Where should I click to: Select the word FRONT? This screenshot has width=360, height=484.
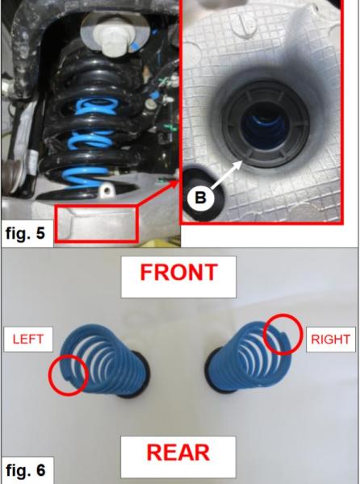point(178,272)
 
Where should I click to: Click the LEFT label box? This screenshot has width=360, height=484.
point(27,340)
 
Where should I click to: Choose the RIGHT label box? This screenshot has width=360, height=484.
point(330,340)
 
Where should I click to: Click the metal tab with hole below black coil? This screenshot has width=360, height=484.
point(104,193)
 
